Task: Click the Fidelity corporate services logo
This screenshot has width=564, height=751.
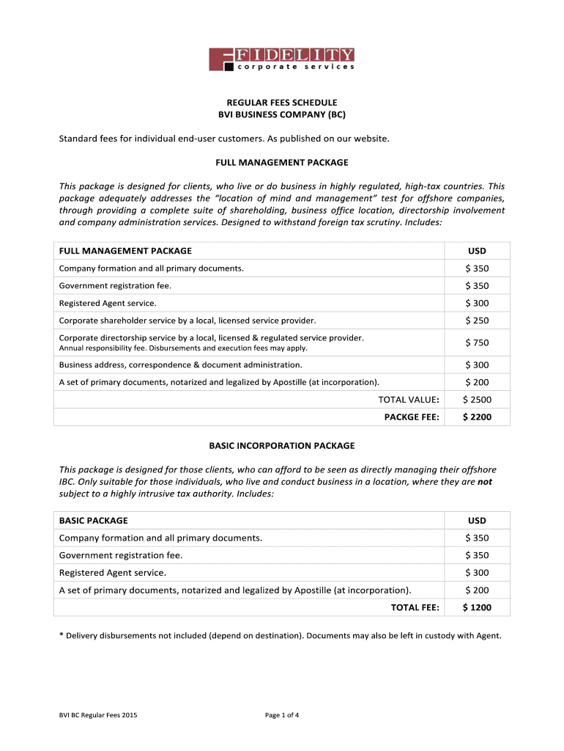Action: [282, 59]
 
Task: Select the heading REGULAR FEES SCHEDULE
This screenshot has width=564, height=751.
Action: [282, 103]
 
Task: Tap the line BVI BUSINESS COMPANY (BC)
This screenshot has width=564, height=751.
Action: [282, 115]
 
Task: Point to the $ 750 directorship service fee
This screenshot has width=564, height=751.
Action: [477, 342]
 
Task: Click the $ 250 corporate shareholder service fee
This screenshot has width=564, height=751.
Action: [477, 320]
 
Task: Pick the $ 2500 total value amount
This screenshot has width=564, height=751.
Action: [477, 400]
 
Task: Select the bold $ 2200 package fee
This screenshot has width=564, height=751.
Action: [477, 417]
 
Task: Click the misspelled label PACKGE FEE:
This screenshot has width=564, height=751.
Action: [412, 417]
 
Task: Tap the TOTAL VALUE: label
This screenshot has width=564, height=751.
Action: [408, 400]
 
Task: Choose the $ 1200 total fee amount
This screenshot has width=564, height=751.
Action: [477, 608]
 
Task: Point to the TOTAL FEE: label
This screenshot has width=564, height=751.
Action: [415, 608]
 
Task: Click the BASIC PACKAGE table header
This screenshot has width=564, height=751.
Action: [94, 521]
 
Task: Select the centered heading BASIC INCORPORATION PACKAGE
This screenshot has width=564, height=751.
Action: [282, 445]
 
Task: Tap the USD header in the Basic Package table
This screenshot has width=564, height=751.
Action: [477, 521]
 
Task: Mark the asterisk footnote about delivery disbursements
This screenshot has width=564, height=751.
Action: [280, 636]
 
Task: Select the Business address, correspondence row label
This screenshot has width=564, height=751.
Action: [180, 365]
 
